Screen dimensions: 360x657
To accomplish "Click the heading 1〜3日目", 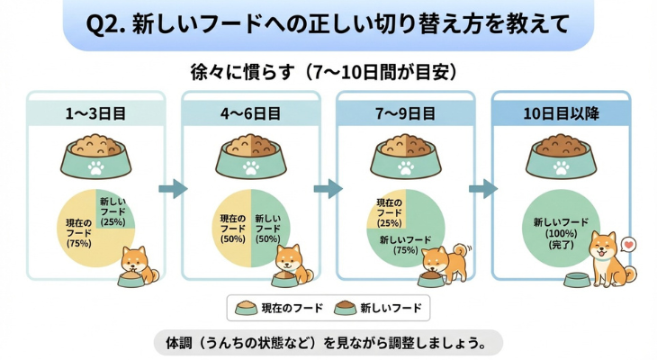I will click(x=95, y=114).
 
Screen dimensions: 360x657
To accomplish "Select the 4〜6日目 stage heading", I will click(x=249, y=114).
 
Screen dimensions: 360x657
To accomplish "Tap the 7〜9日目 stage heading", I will click(x=404, y=114).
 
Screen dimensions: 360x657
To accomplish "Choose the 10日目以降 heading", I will click(x=561, y=114).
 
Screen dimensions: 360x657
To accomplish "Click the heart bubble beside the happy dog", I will click(x=628, y=243).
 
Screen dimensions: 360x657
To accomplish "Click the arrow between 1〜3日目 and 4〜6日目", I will click(x=173, y=188).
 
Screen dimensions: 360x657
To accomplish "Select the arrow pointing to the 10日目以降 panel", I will click(x=483, y=188).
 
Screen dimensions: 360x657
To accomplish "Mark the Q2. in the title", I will click(x=107, y=24).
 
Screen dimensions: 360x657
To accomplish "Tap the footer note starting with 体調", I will click(x=328, y=344).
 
